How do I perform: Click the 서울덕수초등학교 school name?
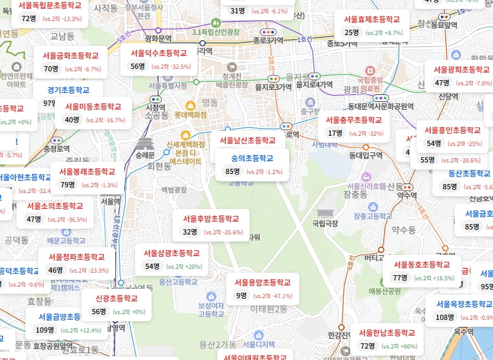tap(159, 53)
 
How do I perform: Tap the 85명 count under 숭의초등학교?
tap(232, 171)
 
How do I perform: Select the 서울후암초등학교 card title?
tap(211, 219)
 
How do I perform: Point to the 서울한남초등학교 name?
tap(387, 333)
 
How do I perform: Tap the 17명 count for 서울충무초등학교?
tap(335, 133)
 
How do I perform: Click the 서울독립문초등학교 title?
tap(50, 5)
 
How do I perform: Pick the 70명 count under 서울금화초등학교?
tap(51, 69)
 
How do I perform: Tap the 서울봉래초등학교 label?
tap(87, 171)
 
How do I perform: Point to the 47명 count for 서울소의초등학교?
tap(34, 219)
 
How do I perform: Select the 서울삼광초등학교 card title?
tap(171, 253)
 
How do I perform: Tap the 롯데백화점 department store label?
tap(190, 115)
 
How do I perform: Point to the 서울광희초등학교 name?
tap(461, 69)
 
